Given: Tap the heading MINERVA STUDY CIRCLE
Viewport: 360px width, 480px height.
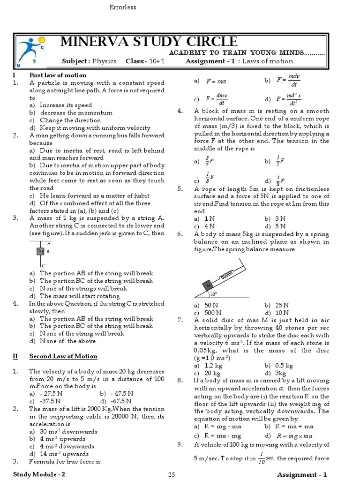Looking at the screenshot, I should click(x=149, y=41).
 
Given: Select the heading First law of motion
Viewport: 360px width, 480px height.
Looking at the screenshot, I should click(x=58, y=75).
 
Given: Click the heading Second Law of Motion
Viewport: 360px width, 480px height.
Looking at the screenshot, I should click(x=63, y=356).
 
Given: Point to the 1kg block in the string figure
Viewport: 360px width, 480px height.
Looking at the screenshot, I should click(x=40, y=252).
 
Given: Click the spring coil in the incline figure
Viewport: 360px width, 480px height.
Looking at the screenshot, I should click(x=227, y=275).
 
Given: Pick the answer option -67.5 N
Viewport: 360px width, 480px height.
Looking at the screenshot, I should click(x=121, y=401).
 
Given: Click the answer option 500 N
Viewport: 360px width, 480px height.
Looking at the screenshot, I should click(x=213, y=313).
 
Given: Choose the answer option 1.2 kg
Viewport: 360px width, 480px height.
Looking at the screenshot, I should click(x=214, y=365).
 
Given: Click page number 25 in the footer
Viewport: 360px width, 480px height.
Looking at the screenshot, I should click(x=172, y=474).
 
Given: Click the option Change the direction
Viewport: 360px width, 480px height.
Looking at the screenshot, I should click(x=70, y=120).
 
